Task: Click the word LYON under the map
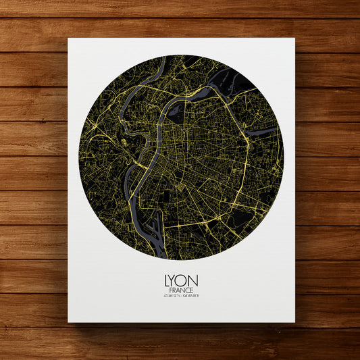pos(180,278)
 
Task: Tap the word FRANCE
pos(180,288)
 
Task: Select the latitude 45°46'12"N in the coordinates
pos(170,295)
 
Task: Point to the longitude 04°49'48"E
pos(192,295)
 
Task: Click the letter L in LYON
pos(167,278)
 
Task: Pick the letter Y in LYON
pos(174,278)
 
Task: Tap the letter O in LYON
pos(184,278)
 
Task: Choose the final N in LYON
pos(194,278)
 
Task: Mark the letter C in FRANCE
pos(186,288)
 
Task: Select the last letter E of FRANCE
pos(191,288)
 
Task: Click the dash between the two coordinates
pos(180,295)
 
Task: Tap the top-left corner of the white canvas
pos(68,38)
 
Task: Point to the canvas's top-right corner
pos(294,38)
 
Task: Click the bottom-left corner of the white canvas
pos(68,322)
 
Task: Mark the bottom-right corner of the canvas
pos(294,322)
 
